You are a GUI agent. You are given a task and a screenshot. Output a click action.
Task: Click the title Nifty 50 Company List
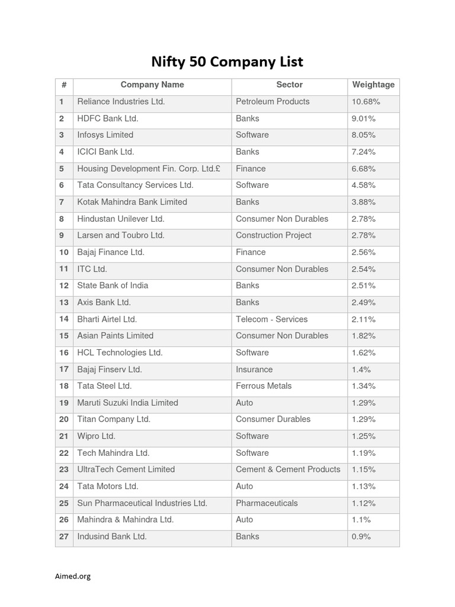click(x=227, y=62)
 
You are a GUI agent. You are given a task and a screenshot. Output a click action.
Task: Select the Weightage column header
click(x=373, y=85)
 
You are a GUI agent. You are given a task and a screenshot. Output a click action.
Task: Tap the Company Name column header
click(x=152, y=85)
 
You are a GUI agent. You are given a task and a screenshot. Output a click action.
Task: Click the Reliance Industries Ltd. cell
click(x=121, y=102)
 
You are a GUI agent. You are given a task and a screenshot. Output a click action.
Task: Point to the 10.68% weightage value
click(x=366, y=102)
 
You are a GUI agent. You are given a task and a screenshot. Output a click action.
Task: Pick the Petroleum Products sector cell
click(x=273, y=102)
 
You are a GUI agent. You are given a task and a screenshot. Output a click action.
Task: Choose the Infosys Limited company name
click(x=105, y=135)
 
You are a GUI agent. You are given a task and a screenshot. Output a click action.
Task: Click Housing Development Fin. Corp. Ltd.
click(x=149, y=169)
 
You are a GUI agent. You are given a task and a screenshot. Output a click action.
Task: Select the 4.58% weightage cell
click(x=363, y=186)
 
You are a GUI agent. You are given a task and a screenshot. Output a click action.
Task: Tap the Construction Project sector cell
click(x=273, y=235)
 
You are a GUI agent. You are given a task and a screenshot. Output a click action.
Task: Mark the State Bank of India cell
click(x=113, y=286)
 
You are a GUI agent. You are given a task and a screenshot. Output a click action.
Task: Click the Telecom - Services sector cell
click(x=271, y=320)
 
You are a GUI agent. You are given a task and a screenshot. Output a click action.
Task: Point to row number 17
click(x=64, y=369)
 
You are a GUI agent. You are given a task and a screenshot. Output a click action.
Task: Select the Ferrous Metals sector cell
click(x=264, y=386)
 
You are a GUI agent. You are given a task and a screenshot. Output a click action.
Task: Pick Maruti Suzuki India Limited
click(x=127, y=403)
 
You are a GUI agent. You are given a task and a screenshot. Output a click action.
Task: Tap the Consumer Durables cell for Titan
click(x=273, y=420)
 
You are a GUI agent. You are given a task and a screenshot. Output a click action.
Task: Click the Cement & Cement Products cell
click(x=288, y=469)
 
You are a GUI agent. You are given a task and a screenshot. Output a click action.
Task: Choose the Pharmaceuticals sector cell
click(x=267, y=503)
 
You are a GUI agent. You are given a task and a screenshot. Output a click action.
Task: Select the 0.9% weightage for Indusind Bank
click(x=361, y=536)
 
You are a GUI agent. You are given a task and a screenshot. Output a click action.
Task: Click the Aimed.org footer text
click(x=71, y=576)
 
